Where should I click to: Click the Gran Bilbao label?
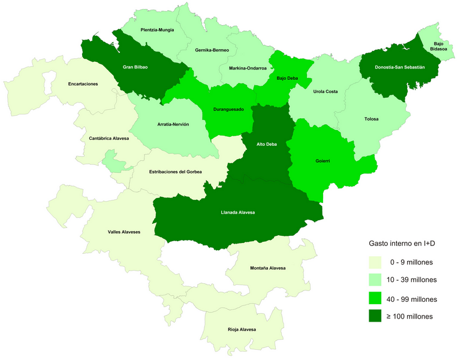135,67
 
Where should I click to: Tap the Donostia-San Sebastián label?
400,67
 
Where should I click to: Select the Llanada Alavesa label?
239,212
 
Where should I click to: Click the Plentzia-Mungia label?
157,29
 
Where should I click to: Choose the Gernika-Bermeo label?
212,50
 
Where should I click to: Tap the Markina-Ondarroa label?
248,68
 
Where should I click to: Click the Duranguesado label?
228,110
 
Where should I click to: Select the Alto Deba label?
267,144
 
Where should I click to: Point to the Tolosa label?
371,119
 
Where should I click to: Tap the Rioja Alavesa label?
242,329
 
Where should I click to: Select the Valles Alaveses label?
123,231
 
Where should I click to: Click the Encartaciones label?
83,84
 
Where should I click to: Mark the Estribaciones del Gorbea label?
175,172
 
